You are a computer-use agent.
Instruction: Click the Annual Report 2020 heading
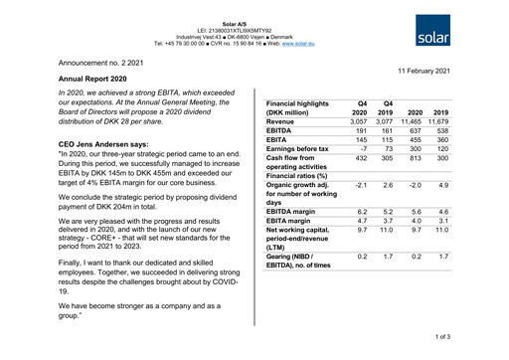click(92, 77)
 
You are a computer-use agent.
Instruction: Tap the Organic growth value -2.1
click(361, 186)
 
